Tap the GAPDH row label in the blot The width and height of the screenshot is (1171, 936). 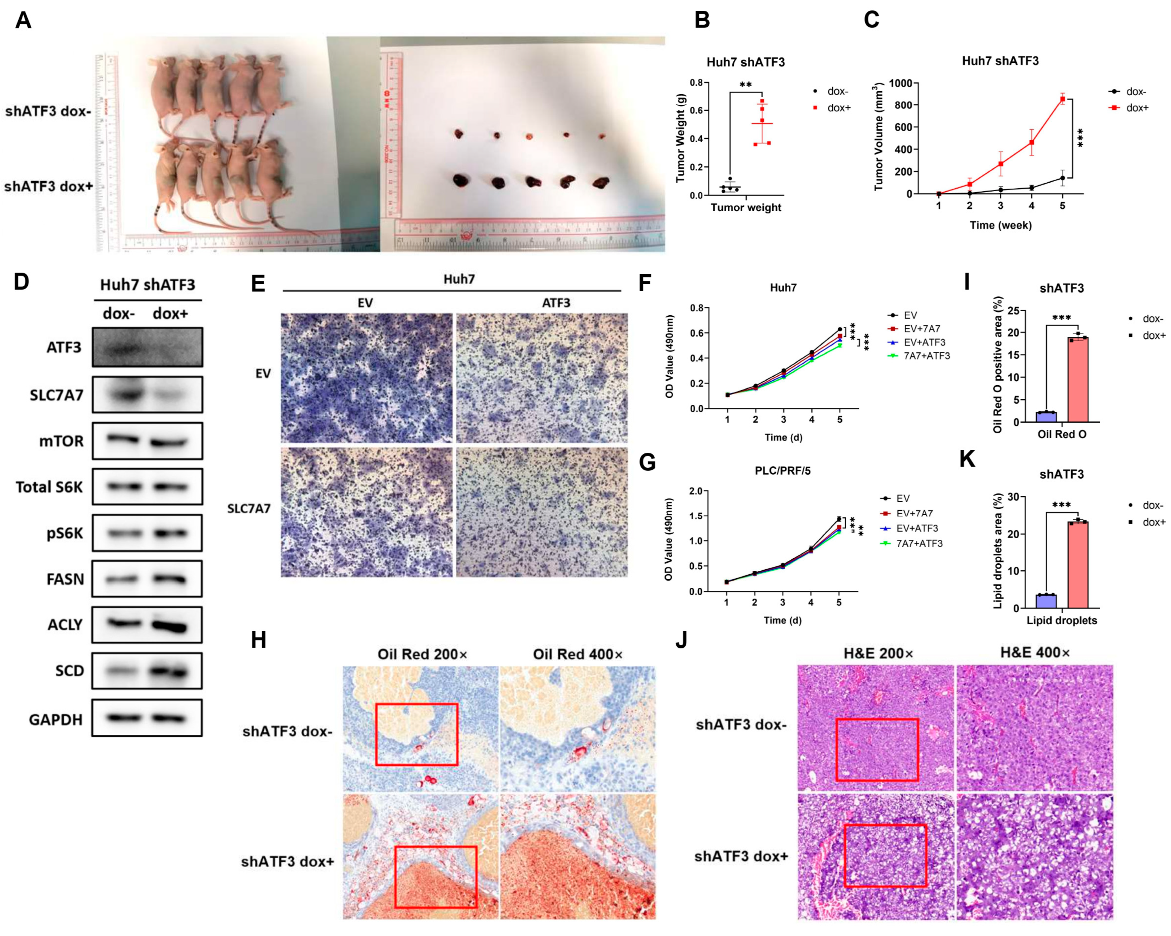(x=56, y=720)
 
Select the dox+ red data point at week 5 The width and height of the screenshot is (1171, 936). (x=1062, y=99)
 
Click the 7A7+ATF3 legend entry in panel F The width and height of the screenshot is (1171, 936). (x=926, y=356)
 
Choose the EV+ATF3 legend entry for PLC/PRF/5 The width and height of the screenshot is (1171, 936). (x=917, y=528)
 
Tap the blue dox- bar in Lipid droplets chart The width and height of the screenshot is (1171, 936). (x=1046, y=601)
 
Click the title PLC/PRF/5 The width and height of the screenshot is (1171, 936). (x=783, y=471)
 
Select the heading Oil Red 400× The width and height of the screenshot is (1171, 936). (x=577, y=655)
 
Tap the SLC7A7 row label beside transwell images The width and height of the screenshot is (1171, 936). (x=249, y=509)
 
